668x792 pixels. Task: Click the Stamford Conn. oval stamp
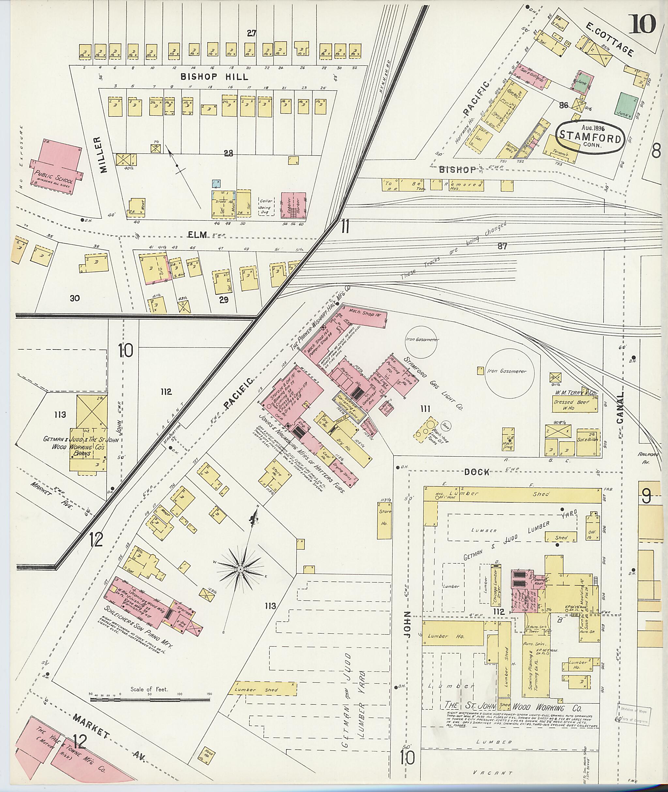click(590, 138)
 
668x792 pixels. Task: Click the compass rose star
click(240, 569)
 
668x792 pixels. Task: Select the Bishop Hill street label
click(214, 77)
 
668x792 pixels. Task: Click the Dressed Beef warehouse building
click(574, 404)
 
